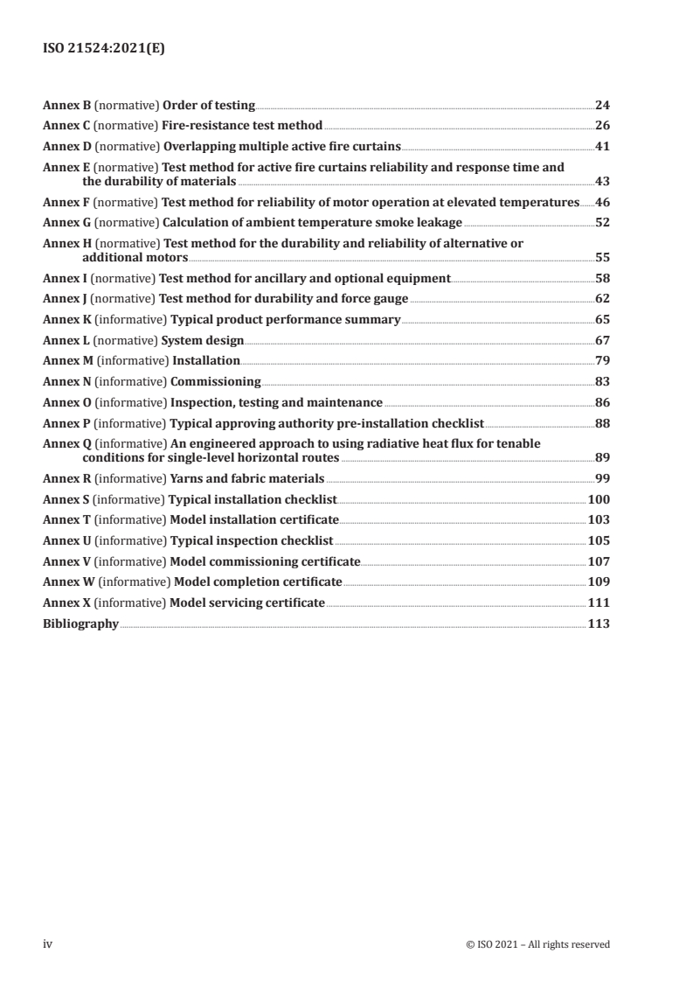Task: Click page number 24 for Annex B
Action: pos(602,106)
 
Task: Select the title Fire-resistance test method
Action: pos(243,125)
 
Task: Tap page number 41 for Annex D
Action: pos(602,145)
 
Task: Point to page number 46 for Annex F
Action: pos(602,202)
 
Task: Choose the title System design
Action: pos(202,340)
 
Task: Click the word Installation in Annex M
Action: pos(206,360)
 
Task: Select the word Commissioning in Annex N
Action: pos(215,381)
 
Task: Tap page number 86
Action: pos(602,402)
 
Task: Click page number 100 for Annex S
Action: pos(599,499)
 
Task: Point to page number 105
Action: pos(599,540)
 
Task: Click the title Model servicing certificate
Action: pos(247,602)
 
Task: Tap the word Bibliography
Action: pos(80,623)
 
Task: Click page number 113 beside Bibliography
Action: pos(599,623)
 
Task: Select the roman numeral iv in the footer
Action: pos(48,943)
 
